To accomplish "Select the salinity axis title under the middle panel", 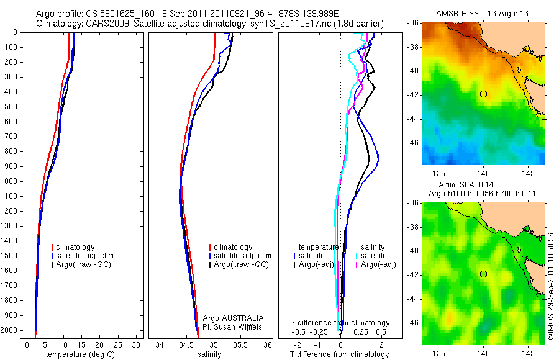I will tap(208, 354).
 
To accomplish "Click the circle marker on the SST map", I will tap(483, 94).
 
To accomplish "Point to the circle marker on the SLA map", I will tap(483, 274).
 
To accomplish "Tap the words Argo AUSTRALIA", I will tap(229, 318).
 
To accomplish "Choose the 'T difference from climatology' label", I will tap(339, 354).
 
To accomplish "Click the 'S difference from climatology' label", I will tap(340, 323).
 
